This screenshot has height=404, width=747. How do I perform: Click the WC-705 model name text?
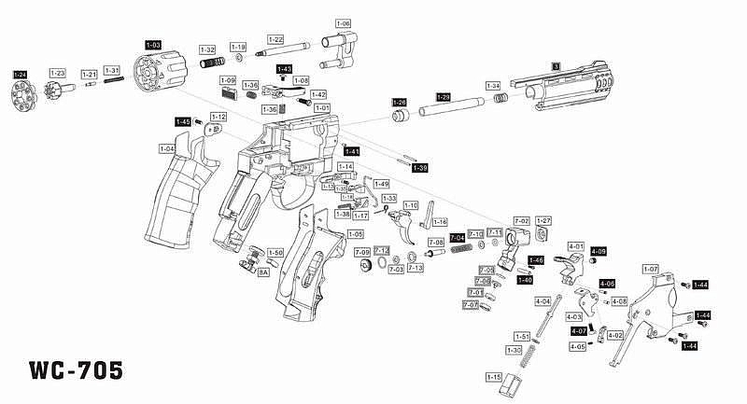[x=76, y=369]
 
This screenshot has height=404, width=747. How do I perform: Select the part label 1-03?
[x=152, y=44]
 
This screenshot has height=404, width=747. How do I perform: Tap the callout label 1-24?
[x=20, y=74]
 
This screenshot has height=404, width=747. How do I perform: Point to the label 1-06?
[x=342, y=23]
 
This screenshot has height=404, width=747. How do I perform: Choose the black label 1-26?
[x=400, y=102]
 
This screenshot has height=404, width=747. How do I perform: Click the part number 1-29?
[x=444, y=97]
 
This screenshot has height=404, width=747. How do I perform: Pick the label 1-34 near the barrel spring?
[x=493, y=86]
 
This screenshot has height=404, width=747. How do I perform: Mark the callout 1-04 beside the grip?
[x=167, y=148]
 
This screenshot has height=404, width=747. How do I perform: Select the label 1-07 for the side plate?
[x=651, y=269]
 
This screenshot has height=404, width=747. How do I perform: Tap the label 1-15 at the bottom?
[x=494, y=376]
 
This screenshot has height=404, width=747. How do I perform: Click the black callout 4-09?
[x=599, y=251]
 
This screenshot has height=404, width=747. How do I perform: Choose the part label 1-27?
[x=544, y=220]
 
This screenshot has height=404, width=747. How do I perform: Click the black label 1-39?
[x=419, y=168]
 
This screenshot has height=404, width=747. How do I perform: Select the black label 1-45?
[x=184, y=121]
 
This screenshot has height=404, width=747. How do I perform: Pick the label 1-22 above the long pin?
[x=275, y=40]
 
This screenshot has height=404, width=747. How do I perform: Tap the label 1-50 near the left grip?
[x=275, y=253]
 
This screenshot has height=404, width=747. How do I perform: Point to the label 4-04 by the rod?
[x=543, y=301]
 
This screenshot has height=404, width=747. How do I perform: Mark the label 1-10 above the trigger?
[x=411, y=205]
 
